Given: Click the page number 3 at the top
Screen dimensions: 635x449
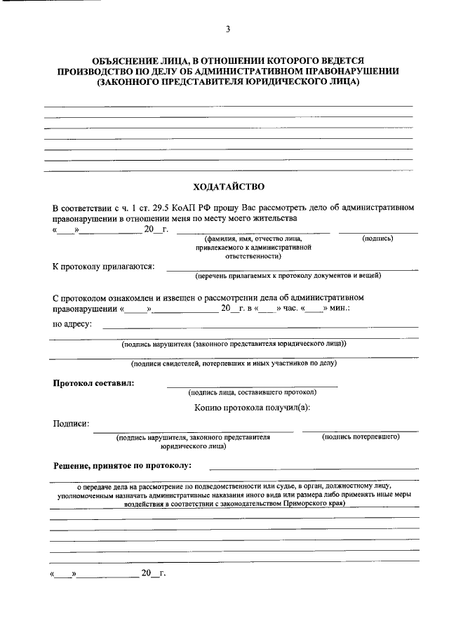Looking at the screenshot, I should tap(227, 29).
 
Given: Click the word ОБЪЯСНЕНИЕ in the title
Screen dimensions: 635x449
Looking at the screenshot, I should tap(127, 62).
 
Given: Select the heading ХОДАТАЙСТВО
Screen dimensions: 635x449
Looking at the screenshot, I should tap(228, 187).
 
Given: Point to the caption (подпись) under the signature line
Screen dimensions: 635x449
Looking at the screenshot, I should tap(377, 239).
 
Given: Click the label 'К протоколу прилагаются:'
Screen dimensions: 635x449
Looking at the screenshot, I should tap(104, 267).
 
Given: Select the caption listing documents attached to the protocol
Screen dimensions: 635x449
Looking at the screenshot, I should tap(288, 276).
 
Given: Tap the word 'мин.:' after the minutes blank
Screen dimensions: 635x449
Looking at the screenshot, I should tap(339, 308).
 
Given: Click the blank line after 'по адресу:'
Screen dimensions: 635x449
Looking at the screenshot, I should tap(260, 327).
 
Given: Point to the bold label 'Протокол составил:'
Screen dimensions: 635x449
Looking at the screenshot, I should tap(95, 382).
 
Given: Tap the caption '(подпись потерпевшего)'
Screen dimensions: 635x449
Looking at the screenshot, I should tap(361, 436).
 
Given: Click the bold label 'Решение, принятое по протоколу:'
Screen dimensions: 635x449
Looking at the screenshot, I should tap(121, 466).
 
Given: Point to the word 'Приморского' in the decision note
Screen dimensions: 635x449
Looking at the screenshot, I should tap(307, 503).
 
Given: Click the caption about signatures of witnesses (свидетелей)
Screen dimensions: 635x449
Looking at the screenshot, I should tap(234, 363).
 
